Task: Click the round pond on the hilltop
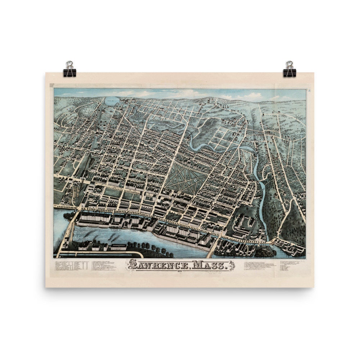tap(111, 100)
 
